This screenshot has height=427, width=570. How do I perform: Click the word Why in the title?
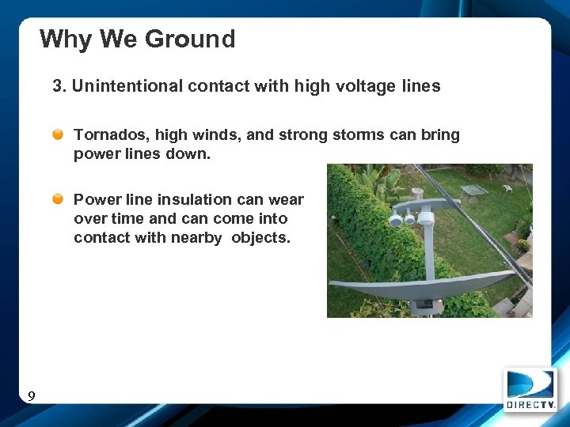coord(60,39)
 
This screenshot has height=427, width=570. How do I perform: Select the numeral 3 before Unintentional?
coord(58,86)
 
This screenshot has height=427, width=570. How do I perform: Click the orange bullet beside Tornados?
coord(59,135)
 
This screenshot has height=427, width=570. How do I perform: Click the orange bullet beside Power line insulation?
coord(59,200)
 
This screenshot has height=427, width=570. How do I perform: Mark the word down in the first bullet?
coord(192,154)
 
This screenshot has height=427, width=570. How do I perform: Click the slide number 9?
coord(31,396)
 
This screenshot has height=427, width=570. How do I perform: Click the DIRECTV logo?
coord(530,389)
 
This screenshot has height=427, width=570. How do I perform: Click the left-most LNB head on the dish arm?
coord(396,220)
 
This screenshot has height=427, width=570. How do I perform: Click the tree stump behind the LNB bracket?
coord(416,194)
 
